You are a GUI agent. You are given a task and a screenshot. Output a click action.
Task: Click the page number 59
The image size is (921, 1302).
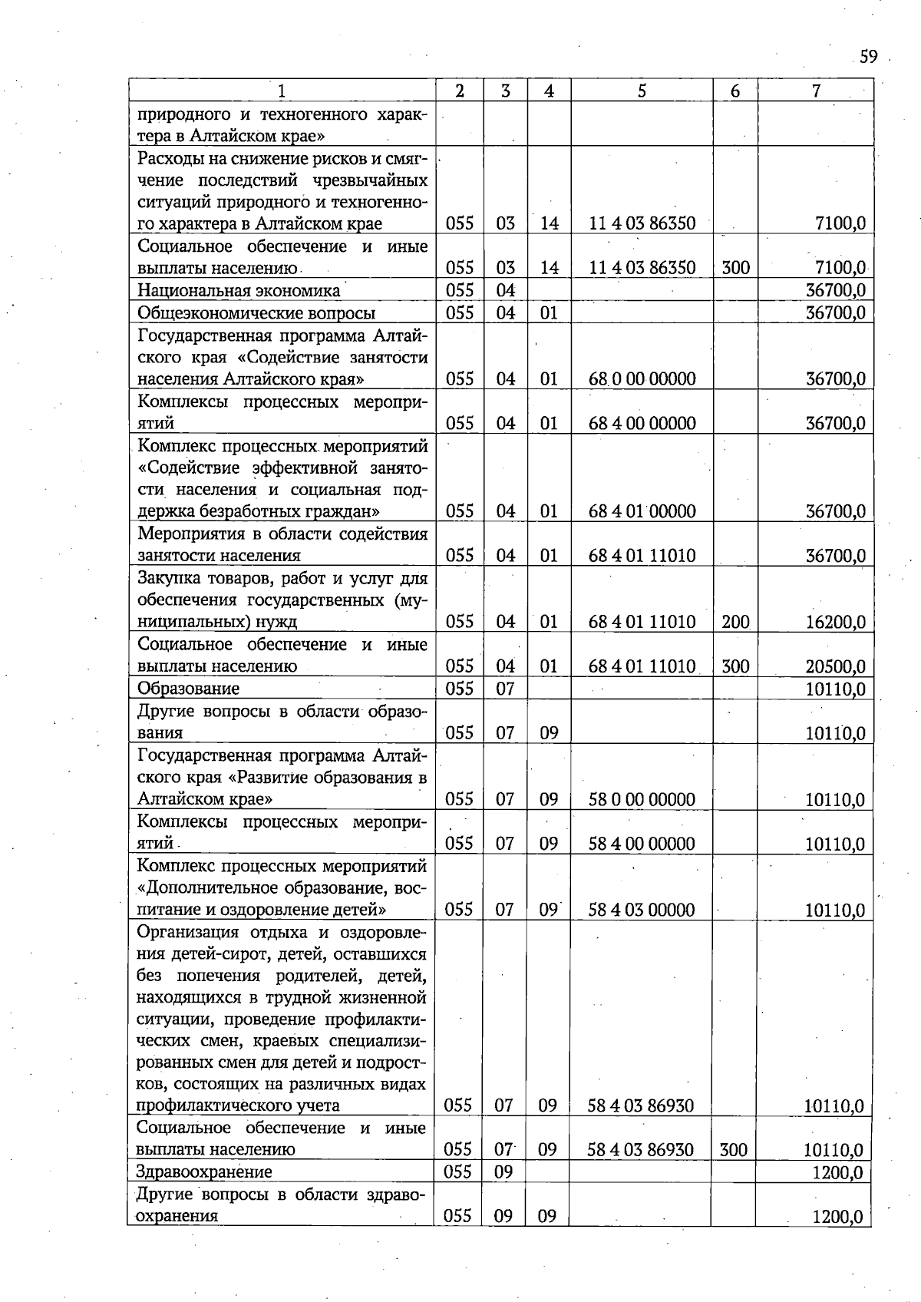[868, 57]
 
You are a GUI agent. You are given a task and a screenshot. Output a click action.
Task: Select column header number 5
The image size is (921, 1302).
[641, 91]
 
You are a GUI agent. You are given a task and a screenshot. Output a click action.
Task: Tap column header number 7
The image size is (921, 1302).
[816, 91]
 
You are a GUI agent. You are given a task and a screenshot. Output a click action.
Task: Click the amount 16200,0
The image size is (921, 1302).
[835, 622]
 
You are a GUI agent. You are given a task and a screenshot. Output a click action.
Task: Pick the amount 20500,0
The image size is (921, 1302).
[835, 666]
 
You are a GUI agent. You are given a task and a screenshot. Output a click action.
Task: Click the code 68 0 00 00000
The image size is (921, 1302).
[642, 378]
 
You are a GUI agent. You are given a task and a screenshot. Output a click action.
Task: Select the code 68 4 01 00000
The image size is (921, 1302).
[642, 511]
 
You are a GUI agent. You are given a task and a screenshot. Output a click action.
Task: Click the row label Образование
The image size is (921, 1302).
[188, 689]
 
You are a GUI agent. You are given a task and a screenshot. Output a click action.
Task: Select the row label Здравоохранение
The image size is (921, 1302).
[204, 1171]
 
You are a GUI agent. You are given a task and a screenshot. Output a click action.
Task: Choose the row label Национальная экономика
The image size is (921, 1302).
[238, 291]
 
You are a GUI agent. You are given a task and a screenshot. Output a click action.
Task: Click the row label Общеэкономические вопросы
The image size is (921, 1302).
[256, 313]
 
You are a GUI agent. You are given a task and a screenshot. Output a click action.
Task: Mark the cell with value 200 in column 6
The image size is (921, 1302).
[734, 622]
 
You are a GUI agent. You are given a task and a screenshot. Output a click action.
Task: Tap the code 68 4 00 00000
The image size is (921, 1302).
[642, 423]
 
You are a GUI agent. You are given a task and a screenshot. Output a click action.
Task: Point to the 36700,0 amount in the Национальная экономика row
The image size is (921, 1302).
[835, 291]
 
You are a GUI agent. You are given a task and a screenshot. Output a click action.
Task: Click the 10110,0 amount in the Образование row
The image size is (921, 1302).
[835, 689]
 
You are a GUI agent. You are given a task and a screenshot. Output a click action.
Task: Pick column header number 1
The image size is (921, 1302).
[282, 91]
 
